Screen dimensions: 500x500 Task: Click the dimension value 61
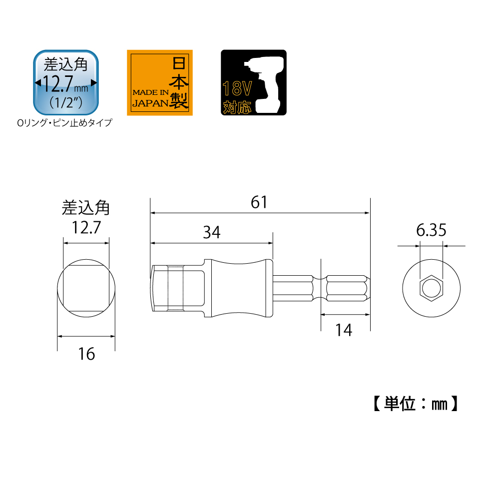click(x=259, y=202)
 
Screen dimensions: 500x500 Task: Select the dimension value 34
click(x=212, y=232)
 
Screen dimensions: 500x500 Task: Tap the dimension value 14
click(x=344, y=330)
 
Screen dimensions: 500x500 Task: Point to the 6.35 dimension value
click(x=431, y=230)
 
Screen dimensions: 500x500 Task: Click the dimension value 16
click(x=86, y=354)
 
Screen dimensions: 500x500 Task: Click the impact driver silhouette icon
click(x=264, y=85)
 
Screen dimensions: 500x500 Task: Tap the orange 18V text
click(x=237, y=88)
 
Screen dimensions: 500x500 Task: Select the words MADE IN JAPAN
click(x=150, y=98)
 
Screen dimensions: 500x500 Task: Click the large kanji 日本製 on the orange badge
click(x=179, y=82)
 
